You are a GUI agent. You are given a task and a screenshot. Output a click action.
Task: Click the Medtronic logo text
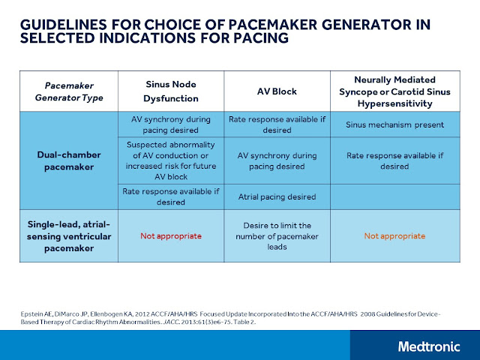click(x=430, y=346)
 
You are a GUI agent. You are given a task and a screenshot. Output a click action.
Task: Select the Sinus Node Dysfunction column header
click(x=171, y=90)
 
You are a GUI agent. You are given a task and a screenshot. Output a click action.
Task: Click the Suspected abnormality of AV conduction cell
click(x=171, y=160)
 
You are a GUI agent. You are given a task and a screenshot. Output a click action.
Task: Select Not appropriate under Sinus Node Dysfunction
click(x=171, y=235)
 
